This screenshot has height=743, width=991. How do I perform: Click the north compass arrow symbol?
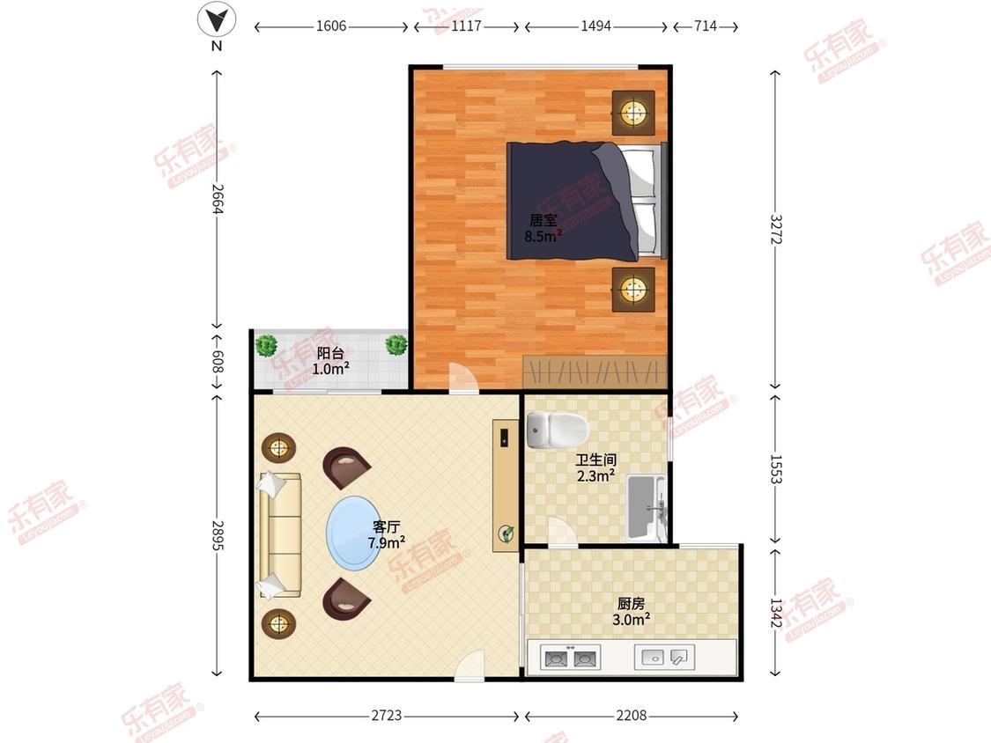pos(217,20)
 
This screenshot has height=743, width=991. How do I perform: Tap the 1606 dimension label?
pos(331,26)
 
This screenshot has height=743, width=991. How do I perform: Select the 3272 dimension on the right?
pos(775,230)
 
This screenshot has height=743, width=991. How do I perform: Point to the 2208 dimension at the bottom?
pos(632,715)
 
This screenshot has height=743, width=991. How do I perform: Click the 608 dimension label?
pos(218,362)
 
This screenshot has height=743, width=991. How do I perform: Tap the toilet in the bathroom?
pos(557,429)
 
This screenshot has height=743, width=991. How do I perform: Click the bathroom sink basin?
pos(646,508)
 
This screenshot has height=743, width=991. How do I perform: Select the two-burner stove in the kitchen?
pos(570,658)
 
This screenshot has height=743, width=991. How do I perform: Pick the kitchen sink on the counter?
pos(664,657)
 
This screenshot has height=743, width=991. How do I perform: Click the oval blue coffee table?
pos(355,533)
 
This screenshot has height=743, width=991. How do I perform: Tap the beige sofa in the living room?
pos(279,534)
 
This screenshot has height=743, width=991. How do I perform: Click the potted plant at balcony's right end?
pos(396,344)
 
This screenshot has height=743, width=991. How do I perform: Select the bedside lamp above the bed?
pos(632,113)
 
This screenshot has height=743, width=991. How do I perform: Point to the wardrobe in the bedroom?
pos(595,371)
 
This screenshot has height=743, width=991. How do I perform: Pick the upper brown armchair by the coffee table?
pos(345,467)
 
